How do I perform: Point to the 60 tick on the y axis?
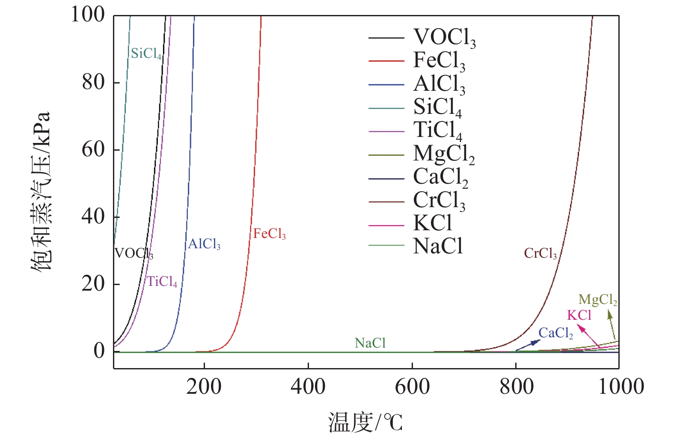coord(93,149)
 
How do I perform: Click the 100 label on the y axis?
coord(88,15)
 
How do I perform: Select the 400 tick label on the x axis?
coord(308,386)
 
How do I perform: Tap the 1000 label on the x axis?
coord(621,386)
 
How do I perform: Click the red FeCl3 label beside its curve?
coord(269,234)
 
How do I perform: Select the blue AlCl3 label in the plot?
coord(204,244)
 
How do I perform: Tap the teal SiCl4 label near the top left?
coord(146,54)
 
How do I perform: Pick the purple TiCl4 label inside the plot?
coord(162,282)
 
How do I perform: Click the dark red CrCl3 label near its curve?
coord(540,253)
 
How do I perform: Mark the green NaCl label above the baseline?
coord(370,343)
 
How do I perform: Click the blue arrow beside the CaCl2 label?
coord(528,345)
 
